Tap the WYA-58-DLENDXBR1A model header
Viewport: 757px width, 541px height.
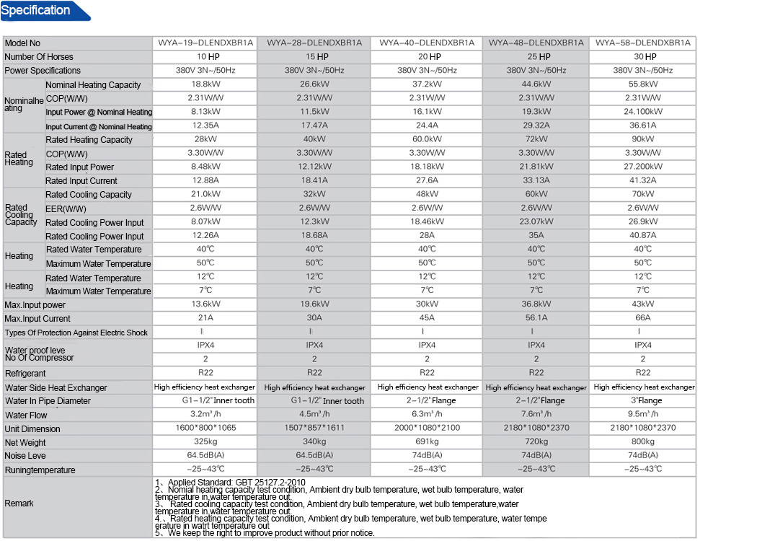click(x=642, y=43)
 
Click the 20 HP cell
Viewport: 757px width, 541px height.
click(x=427, y=57)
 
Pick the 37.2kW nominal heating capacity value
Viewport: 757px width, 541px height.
click(x=427, y=84)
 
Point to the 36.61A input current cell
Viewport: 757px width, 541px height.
click(x=642, y=126)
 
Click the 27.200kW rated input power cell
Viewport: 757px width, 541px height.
click(x=642, y=167)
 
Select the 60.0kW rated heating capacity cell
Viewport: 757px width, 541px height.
click(x=427, y=139)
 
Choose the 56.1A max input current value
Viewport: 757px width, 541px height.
click(x=536, y=318)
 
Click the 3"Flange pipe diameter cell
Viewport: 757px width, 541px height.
click(x=642, y=400)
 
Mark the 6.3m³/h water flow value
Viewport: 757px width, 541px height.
click(x=427, y=414)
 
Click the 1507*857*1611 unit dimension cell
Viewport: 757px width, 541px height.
click(x=314, y=428)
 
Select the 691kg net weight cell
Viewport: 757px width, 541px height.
click(x=427, y=442)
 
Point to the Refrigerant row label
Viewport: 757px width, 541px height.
click(x=25, y=374)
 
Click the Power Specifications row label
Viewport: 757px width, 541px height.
click(x=43, y=71)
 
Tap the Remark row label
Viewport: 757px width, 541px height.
click(x=19, y=503)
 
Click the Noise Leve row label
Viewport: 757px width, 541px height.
click(x=26, y=456)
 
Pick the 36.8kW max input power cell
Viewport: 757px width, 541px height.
click(x=536, y=304)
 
